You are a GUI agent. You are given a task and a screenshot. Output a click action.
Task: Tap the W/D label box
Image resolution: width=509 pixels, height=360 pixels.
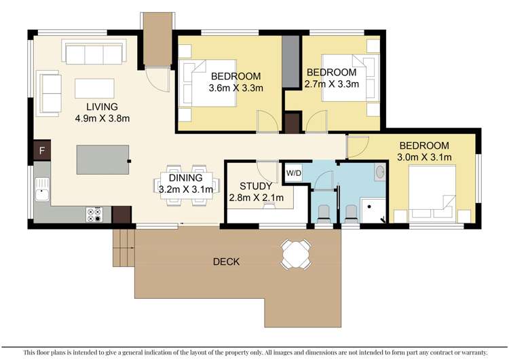click(293, 173)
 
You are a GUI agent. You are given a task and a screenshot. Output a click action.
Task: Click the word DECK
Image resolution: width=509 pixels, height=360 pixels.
click(227, 262)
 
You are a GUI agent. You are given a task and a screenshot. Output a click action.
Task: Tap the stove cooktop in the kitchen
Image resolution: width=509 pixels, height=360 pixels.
click(94, 215)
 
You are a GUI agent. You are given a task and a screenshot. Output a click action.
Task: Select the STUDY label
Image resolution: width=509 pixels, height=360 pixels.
click(257, 185)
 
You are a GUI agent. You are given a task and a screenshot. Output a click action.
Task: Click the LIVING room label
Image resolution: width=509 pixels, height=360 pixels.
click(102, 107)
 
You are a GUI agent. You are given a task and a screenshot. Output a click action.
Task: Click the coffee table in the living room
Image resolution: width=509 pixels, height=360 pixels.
click(94, 89)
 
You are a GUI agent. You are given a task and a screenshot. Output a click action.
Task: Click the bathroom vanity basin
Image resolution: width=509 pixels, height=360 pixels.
click(379, 174)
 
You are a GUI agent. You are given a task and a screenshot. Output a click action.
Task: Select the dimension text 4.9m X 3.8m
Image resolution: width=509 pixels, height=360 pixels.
click(102, 118)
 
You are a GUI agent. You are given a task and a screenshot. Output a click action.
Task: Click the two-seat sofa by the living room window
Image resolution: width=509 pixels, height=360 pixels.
click(49, 92)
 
